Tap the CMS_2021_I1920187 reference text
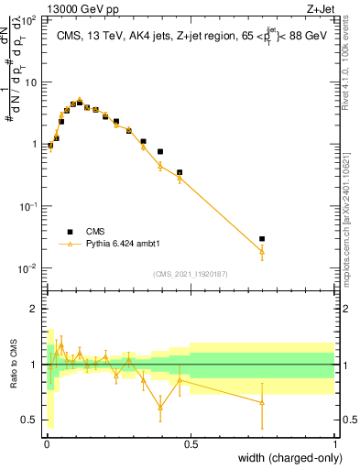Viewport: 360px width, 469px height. click(x=191, y=273)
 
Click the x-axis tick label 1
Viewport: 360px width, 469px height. click(x=334, y=443)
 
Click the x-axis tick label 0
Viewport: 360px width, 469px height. click(x=46, y=443)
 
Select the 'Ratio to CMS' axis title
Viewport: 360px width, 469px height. click(x=16, y=365)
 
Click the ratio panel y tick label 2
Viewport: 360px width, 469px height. click(x=34, y=309)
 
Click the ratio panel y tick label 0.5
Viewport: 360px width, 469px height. click(x=29, y=420)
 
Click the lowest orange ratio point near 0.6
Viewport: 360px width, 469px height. click(x=160, y=407)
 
